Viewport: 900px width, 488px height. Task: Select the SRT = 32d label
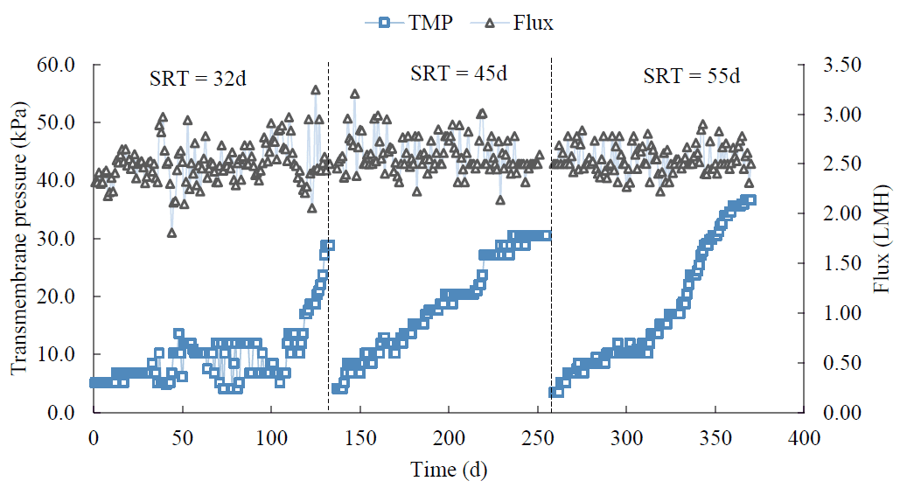coord(197,78)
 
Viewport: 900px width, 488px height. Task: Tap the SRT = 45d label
coord(458,73)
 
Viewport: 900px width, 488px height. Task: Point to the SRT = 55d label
coord(691,76)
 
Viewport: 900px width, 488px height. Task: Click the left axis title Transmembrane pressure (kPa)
coord(18,238)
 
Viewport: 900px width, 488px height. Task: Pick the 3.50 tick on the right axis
coord(839,65)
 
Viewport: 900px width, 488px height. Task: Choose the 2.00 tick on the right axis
coord(839,213)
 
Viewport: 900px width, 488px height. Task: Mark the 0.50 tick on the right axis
coord(839,362)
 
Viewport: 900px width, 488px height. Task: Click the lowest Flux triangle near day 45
coord(172,233)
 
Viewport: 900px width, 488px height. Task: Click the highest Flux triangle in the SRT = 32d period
coord(316,90)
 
